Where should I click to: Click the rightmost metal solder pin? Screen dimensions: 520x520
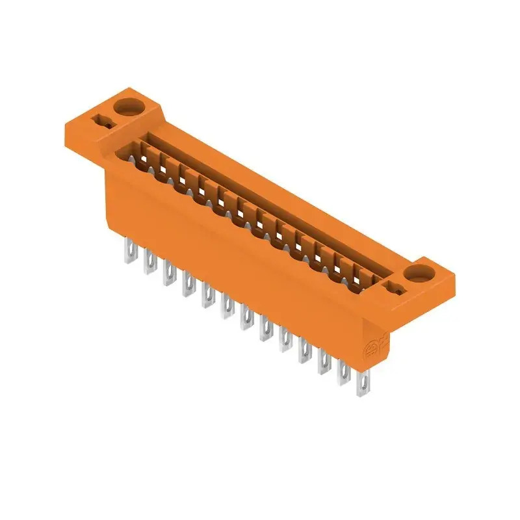pyautogui.click(x=362, y=383)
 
